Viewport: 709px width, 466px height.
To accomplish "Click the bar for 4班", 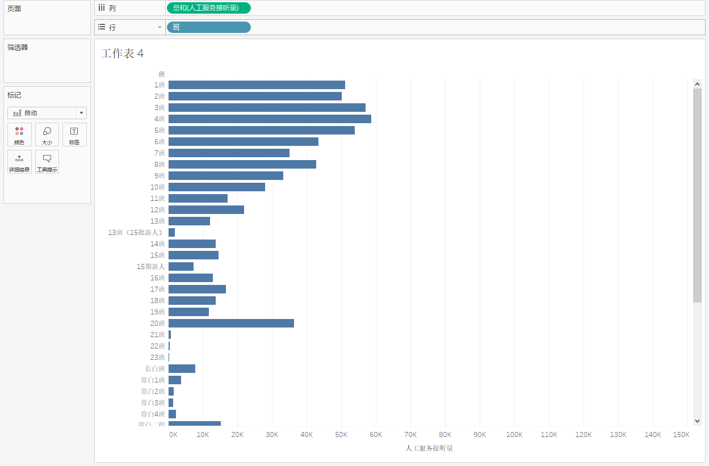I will click(270, 119).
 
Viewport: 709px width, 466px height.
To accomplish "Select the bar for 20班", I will click(231, 324).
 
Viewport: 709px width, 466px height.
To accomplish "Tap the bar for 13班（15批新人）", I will click(172, 233).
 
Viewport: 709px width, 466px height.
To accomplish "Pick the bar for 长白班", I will click(182, 369).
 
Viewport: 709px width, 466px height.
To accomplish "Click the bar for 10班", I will click(217, 187).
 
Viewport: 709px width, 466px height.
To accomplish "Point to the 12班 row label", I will click(157, 210).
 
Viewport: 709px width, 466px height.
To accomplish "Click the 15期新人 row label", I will click(150, 267).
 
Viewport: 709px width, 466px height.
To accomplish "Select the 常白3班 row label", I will click(153, 403).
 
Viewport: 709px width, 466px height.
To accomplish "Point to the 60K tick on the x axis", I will click(376, 435).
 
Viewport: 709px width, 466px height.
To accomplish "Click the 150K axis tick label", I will click(681, 435).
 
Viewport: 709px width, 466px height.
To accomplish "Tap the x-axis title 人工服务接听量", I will click(429, 448).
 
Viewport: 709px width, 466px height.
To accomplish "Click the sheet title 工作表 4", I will click(122, 54).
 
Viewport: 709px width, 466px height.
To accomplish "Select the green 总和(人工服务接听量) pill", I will click(208, 8).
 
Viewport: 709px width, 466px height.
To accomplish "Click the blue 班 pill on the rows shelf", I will click(208, 27).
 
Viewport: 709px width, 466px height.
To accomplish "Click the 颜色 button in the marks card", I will click(19, 135).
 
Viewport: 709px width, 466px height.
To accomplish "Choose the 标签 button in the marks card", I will click(74, 135).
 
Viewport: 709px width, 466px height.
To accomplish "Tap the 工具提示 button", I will click(47, 162).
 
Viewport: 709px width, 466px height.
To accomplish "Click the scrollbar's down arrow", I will click(698, 421).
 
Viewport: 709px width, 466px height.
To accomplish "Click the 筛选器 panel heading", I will click(18, 48).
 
